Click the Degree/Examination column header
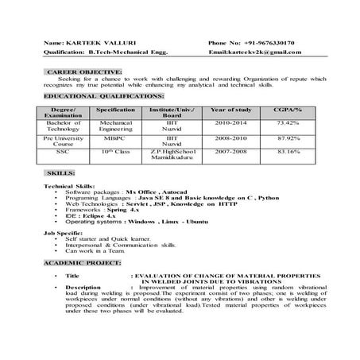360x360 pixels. pos(62,111)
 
